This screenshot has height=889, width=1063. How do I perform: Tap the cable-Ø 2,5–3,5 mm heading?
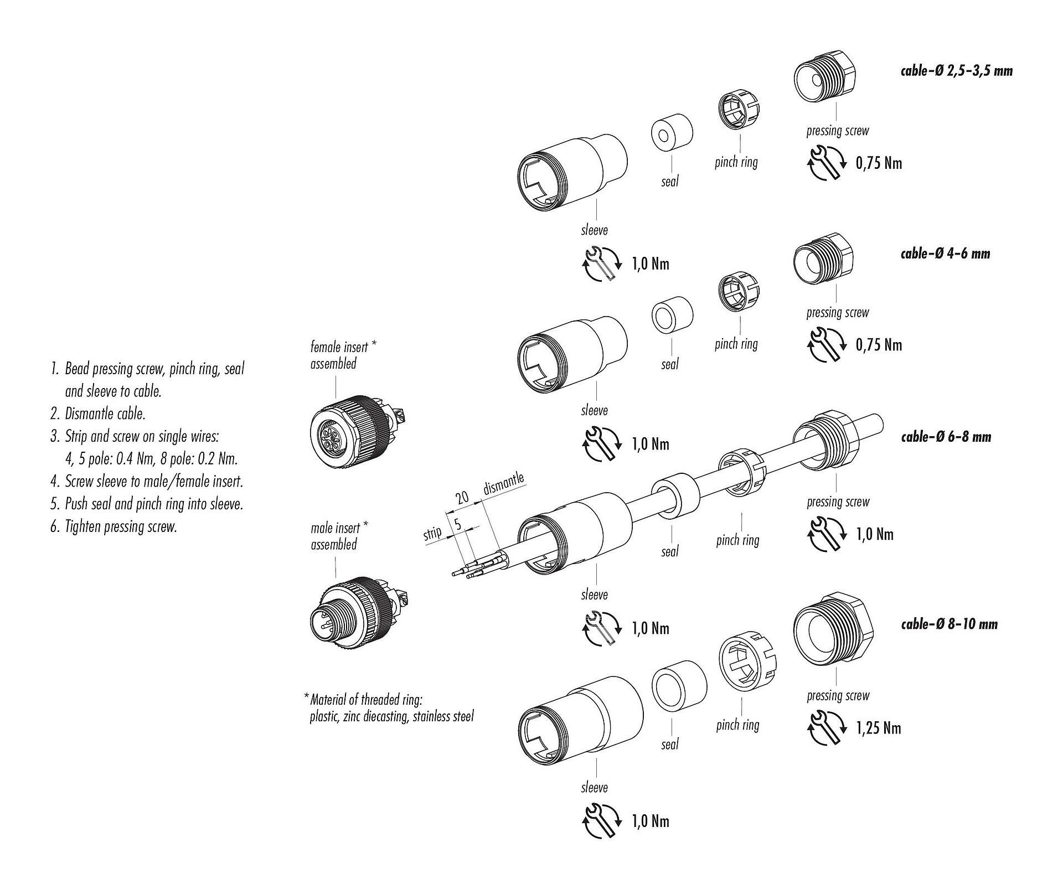(x=956, y=71)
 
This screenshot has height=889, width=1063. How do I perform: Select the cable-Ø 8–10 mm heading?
(x=949, y=624)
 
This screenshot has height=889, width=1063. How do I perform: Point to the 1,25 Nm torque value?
(x=879, y=728)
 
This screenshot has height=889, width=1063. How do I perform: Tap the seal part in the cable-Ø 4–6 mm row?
(x=672, y=317)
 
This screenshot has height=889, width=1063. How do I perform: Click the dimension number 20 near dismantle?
(x=462, y=498)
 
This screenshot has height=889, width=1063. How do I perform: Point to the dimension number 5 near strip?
(x=457, y=523)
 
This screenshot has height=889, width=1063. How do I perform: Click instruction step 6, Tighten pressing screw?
(x=113, y=526)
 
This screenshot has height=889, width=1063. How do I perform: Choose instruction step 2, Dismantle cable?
(x=98, y=414)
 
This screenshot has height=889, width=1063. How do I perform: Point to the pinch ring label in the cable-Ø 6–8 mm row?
(x=737, y=540)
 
